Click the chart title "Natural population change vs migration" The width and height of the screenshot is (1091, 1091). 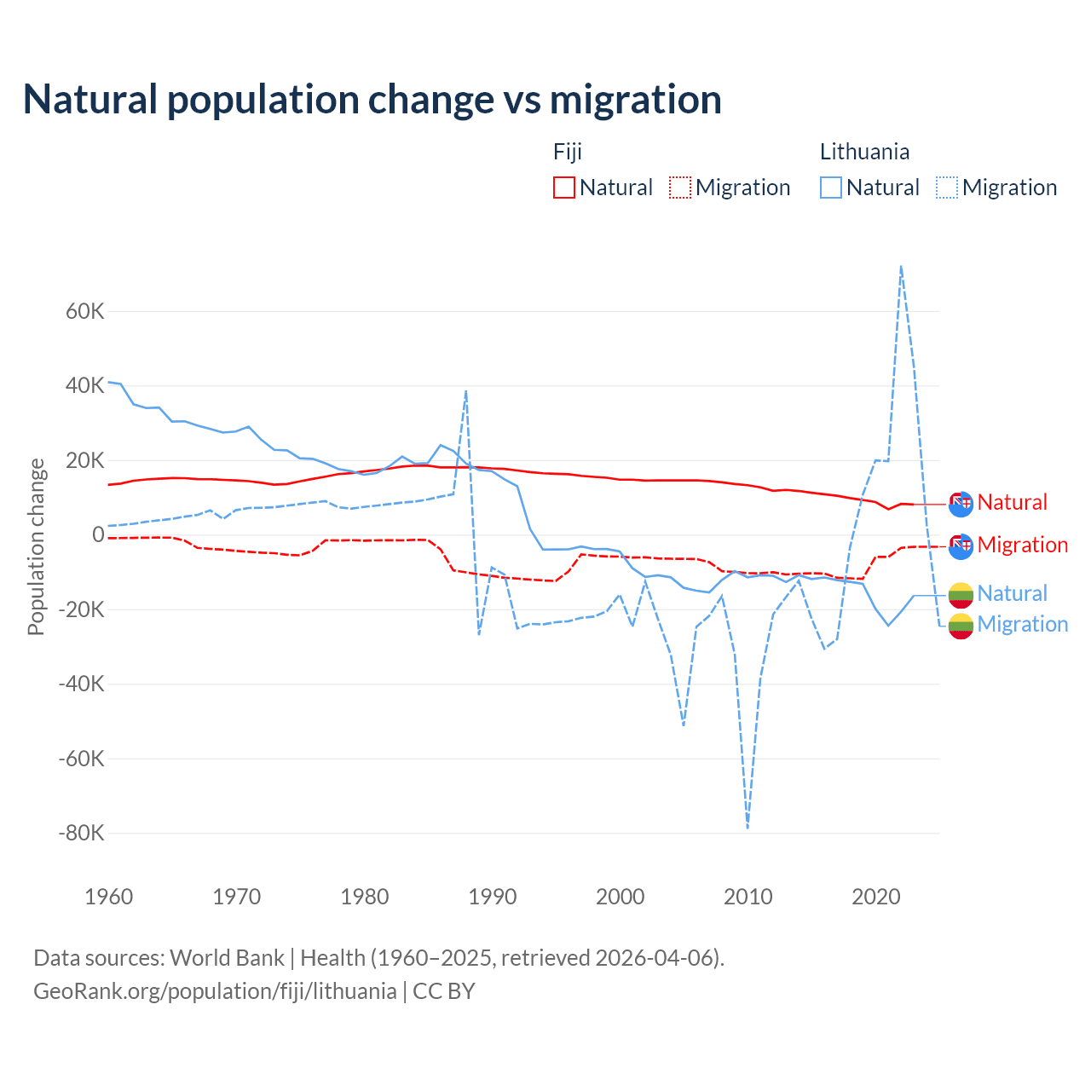[372, 100]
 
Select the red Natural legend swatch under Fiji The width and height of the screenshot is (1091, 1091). [564, 188]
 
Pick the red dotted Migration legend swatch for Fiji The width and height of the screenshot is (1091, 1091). [680, 188]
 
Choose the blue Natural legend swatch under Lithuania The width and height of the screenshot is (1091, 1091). [831, 188]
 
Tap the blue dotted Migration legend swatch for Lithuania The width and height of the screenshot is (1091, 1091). [947, 188]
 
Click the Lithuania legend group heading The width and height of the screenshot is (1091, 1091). [864, 152]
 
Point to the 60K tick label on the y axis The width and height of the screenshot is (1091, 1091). [85, 311]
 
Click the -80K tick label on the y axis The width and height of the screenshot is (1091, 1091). [81, 833]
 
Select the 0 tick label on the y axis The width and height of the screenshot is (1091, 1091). [98, 534]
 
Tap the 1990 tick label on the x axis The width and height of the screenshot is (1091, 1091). [493, 897]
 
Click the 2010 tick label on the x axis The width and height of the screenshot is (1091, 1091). [748, 897]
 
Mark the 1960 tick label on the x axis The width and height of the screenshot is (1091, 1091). [109, 897]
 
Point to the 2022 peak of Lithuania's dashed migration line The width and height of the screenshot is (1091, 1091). [901, 267]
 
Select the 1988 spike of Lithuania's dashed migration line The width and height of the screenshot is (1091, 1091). [466, 391]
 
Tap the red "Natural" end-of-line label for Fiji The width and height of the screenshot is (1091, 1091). [1012, 502]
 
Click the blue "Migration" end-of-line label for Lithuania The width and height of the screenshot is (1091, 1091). [1022, 624]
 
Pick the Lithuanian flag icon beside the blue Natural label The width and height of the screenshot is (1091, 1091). [961, 594]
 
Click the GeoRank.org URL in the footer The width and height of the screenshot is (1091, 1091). [215, 991]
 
